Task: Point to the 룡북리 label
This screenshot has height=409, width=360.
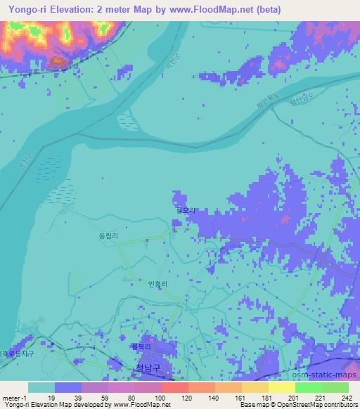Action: pos(141,345)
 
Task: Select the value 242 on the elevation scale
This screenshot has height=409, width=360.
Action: pos(346,398)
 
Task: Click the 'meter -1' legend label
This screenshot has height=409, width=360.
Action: pos(13,398)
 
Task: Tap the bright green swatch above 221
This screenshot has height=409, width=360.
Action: pos(308,387)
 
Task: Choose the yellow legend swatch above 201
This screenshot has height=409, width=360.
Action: pos(281,387)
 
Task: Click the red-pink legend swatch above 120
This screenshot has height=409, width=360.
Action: pos(174,387)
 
